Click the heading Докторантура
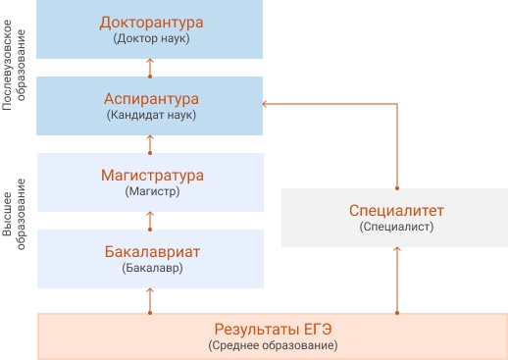[151, 23]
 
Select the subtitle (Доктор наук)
[151, 38]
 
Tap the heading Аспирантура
[151, 99]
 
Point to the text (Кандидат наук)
[151, 115]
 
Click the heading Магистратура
[152, 176]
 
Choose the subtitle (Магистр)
[152, 191]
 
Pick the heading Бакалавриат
[152, 252]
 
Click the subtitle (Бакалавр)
[152, 268]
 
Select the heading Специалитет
[396, 211]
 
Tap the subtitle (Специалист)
[396, 227]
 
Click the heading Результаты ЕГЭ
[273, 330]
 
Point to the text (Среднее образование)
[273, 345]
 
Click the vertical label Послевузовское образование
[14, 65]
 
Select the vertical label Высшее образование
[14, 214]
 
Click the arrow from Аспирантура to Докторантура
[150, 68]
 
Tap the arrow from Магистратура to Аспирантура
[150, 144]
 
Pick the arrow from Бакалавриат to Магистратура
[150, 222]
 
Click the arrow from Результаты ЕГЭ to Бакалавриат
[150, 301]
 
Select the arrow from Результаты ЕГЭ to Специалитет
[397, 281]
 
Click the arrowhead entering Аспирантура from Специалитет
[264, 104]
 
